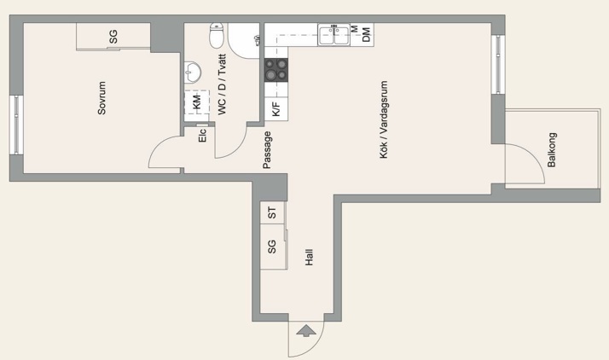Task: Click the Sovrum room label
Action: (101, 98)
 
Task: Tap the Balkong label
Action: (552, 150)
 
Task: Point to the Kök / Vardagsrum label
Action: (383, 119)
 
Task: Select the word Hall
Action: (309, 257)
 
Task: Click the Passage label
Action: (267, 150)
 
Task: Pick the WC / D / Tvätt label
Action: (222, 84)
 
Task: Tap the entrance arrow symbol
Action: (306, 330)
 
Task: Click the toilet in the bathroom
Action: (217, 35)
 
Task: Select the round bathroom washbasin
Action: (192, 73)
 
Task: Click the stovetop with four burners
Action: (276, 70)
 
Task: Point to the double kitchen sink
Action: (334, 35)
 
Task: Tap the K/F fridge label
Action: (275, 109)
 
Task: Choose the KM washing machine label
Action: (197, 102)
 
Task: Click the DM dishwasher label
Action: (366, 35)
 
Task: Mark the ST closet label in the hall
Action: (272, 212)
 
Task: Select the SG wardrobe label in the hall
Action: (272, 247)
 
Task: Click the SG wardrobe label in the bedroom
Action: (113, 37)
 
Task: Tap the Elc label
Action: (202, 135)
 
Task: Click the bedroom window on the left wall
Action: (16, 125)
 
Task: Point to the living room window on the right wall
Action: (498, 65)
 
